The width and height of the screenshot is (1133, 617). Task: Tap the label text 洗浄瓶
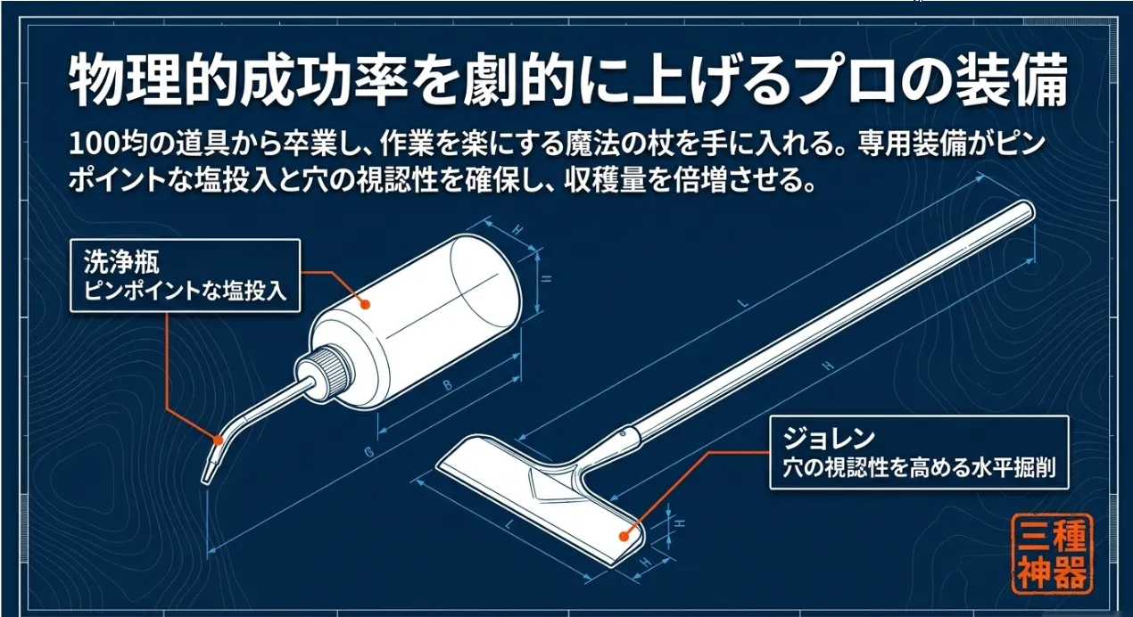[x=121, y=262]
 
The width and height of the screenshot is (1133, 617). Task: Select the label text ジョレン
[x=829, y=439]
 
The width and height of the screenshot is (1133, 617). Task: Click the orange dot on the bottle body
[x=365, y=304]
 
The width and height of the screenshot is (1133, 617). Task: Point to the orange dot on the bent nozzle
[x=218, y=440]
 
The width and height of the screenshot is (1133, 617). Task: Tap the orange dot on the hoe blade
[x=624, y=537]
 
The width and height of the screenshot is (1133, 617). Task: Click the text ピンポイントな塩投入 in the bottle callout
[x=186, y=292]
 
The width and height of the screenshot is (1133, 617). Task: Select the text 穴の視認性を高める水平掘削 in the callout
[x=919, y=468]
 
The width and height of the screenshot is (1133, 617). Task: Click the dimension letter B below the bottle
[x=447, y=385]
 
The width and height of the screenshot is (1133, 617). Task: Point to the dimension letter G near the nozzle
[x=368, y=453]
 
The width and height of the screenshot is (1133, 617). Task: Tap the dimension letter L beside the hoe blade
[x=510, y=524]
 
